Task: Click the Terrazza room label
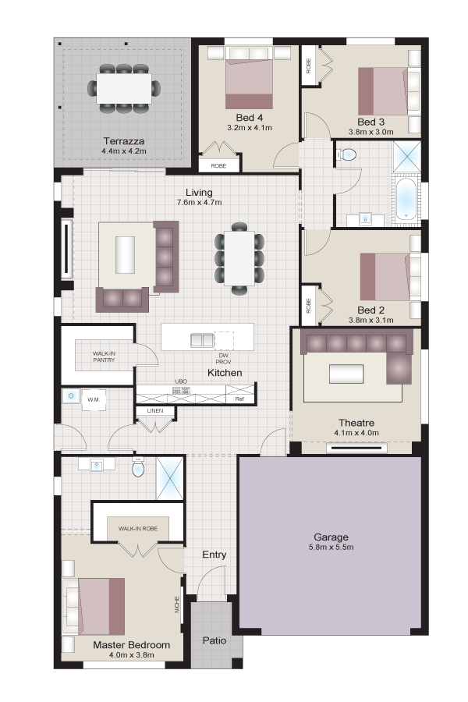point(124,141)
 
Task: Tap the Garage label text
point(331,537)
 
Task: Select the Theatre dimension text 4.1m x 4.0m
point(356,433)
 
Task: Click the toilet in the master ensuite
point(138,467)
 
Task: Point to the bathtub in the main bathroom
point(407,200)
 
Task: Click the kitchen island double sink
point(203,340)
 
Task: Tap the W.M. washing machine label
point(94,399)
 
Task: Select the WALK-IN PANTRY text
point(104,356)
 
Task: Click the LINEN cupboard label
point(155,410)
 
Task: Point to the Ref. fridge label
point(240,399)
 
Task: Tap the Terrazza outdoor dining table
point(124,88)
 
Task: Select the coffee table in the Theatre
point(346,374)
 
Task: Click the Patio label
point(214,640)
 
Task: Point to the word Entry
point(214,555)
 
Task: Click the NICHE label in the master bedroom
point(177,604)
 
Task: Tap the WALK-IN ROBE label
point(138,528)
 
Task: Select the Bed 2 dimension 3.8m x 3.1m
point(371,320)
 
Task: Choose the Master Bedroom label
point(132,645)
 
